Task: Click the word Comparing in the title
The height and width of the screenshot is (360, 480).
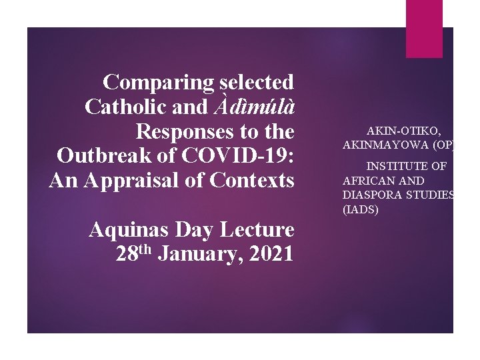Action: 159,83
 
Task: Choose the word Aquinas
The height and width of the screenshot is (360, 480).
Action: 130,230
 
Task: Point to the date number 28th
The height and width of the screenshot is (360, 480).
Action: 134,254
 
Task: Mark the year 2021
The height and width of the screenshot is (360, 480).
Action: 268,254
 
